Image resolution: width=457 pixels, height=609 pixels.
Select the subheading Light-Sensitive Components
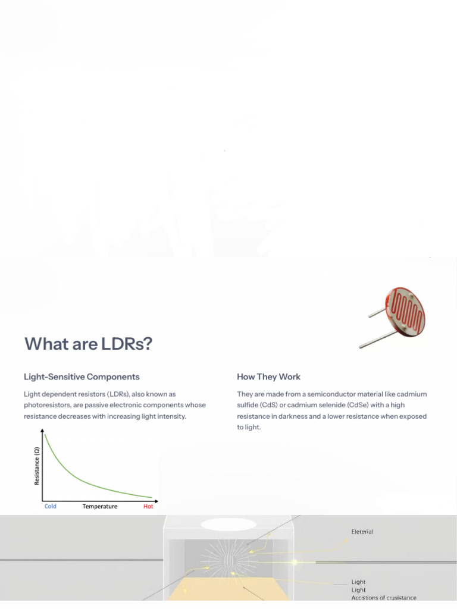coord(82,376)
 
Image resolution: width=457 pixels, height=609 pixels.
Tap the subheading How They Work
coord(268,376)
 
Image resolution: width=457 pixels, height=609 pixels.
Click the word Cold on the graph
coord(51,507)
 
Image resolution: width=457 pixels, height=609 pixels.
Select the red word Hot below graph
coord(148,507)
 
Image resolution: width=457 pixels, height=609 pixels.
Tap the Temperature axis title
coord(99,507)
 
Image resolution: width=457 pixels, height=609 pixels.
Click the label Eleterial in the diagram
coord(362,532)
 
